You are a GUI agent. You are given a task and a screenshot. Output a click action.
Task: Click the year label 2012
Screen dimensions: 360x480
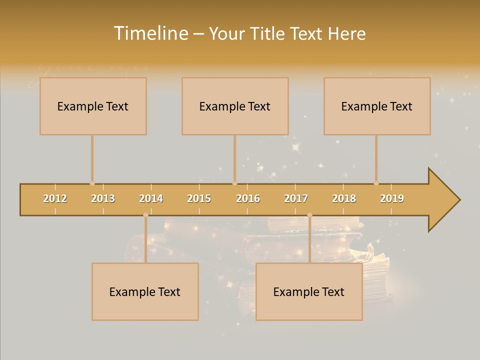55,198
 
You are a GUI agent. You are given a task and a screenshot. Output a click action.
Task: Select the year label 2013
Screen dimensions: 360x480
103,198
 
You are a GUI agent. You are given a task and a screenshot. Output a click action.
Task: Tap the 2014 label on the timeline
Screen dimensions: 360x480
151,198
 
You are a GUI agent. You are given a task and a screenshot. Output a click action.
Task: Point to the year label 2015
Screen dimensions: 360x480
199,198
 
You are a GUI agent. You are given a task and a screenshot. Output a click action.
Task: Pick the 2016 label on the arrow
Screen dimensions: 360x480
248,198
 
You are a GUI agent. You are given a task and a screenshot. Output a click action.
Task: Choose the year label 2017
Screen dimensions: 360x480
296,198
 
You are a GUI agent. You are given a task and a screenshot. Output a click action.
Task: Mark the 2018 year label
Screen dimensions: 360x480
344,198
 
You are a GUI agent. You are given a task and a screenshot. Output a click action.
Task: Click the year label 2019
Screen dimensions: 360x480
392,198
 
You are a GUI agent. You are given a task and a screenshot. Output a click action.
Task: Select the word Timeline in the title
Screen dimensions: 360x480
150,33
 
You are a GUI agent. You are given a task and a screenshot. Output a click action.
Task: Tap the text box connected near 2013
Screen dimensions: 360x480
93,106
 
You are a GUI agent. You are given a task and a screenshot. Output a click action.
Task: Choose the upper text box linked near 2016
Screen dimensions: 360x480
235,106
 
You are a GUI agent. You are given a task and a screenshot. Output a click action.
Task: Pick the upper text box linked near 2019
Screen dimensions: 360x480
377,106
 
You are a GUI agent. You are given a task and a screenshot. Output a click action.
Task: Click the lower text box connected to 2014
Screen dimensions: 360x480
145,291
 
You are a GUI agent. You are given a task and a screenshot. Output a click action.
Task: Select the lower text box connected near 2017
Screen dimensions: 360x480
309,291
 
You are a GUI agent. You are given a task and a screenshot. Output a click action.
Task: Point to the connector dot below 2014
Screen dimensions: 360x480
145,215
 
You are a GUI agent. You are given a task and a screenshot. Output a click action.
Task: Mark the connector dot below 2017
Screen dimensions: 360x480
309,215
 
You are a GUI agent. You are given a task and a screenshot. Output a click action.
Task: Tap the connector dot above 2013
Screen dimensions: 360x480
92,183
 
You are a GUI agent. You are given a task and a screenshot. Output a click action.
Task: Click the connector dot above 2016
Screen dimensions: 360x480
234,183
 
